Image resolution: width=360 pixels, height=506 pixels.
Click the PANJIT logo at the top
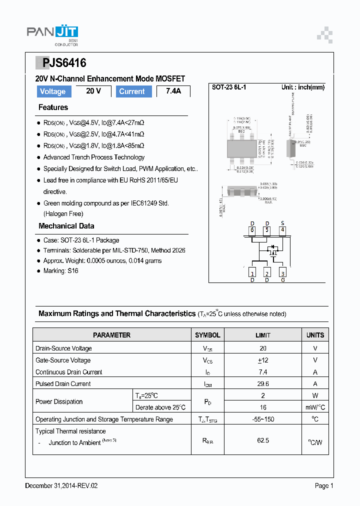tap(52, 35)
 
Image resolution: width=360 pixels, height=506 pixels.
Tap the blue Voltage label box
tap(52, 91)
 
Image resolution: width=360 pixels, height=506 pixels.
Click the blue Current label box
tap(132, 91)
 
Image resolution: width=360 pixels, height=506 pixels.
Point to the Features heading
tap(53, 107)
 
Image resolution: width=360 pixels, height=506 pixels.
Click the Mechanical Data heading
tap(66, 226)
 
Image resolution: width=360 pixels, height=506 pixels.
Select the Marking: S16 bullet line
tap(60, 271)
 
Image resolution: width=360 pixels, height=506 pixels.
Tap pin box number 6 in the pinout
tap(252, 230)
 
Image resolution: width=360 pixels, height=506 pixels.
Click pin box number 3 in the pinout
tap(282, 273)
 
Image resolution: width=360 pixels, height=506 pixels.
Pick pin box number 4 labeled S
tap(282, 230)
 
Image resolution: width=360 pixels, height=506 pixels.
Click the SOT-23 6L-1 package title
tap(228, 87)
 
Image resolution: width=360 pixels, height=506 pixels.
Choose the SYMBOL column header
tap(207, 335)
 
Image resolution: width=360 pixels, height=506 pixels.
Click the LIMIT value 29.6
tap(263, 384)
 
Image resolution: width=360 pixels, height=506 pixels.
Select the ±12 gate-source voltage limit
tap(263, 360)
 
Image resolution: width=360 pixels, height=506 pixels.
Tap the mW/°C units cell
tap(315, 407)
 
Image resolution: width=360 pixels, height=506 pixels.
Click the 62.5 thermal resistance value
tap(263, 440)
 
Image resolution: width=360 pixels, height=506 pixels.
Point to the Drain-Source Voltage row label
tap(63, 348)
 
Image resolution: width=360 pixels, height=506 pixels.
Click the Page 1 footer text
tap(324, 485)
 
